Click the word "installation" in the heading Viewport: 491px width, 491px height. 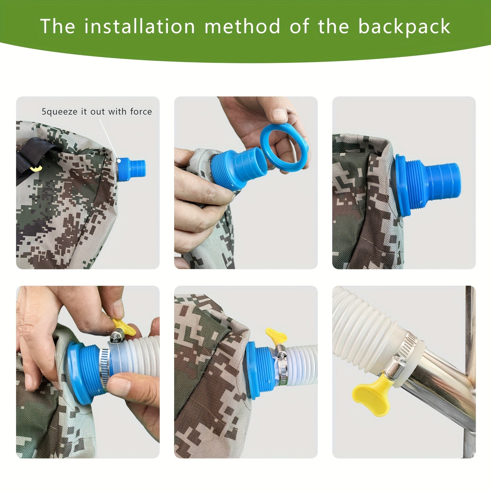[x=139, y=26]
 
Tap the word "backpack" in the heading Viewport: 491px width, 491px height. [x=404, y=26]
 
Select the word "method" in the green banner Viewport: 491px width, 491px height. [x=242, y=26]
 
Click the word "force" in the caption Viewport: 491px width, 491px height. [x=141, y=112]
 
